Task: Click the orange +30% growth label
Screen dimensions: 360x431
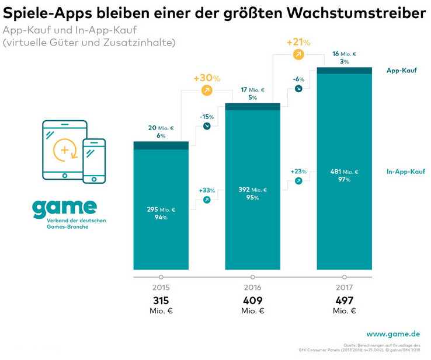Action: pyautogui.click(x=206, y=78)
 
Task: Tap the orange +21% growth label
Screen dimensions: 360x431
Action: pyautogui.click(x=298, y=42)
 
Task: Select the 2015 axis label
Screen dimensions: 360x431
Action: pyautogui.click(x=161, y=288)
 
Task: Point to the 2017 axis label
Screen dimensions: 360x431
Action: pyautogui.click(x=344, y=288)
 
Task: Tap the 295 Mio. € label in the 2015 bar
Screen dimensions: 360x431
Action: pyautogui.click(x=161, y=208)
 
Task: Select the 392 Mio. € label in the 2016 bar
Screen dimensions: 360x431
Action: pyautogui.click(x=252, y=190)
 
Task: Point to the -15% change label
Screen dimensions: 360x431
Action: pyautogui.click(x=207, y=117)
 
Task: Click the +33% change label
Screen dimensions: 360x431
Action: pyautogui.click(x=207, y=190)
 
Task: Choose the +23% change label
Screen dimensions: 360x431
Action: pyautogui.click(x=298, y=172)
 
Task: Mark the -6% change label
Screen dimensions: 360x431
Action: pyautogui.click(x=298, y=79)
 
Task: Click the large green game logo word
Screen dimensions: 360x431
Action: pyautogui.click(x=64, y=207)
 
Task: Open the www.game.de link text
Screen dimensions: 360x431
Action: pyautogui.click(x=392, y=334)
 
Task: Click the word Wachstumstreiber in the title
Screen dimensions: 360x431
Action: pyautogui.click(x=362, y=13)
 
